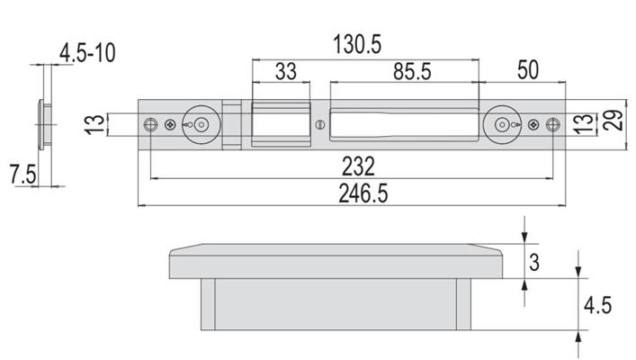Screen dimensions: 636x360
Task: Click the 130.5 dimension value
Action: click(x=357, y=44)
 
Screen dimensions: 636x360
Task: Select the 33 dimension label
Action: click(x=286, y=71)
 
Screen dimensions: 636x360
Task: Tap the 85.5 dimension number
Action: click(x=412, y=71)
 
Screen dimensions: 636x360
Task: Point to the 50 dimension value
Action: click(x=528, y=70)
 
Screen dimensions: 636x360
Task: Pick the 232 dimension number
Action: click(x=358, y=166)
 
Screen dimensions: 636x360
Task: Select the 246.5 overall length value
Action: click(x=363, y=193)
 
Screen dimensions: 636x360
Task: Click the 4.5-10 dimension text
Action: click(x=87, y=53)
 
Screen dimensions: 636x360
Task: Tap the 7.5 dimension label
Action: click(x=23, y=175)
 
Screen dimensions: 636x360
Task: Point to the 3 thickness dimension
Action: click(x=534, y=262)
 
